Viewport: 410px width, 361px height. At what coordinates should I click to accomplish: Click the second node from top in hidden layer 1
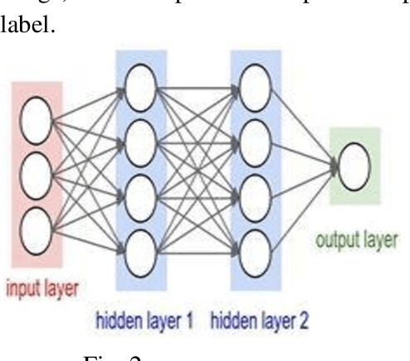(139, 133)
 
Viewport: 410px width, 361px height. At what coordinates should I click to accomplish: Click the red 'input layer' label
(44, 290)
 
